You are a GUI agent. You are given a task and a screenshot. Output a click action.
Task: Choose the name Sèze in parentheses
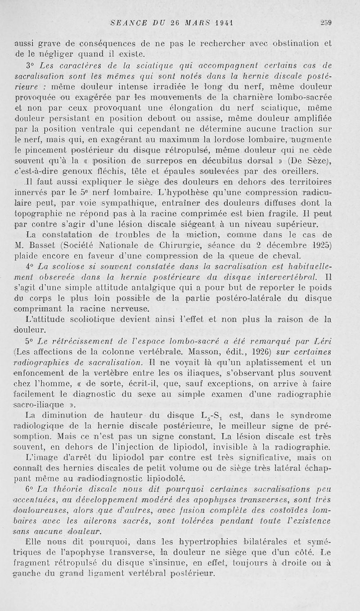[315, 162]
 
